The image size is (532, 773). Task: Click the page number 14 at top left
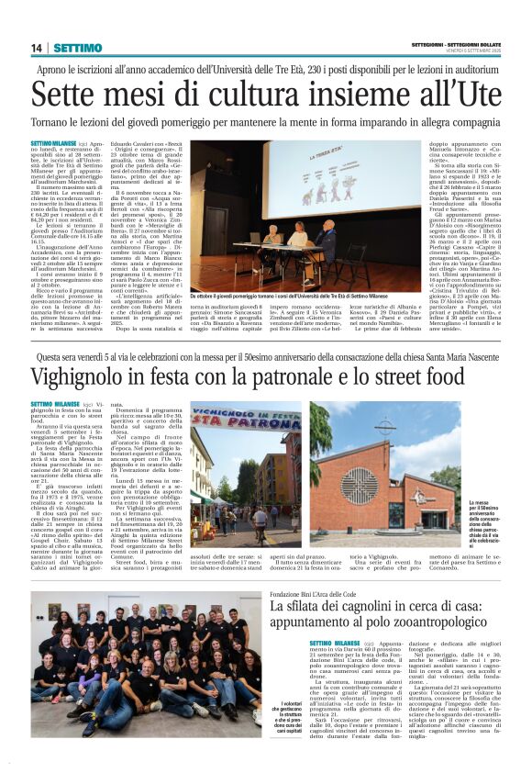click(38, 48)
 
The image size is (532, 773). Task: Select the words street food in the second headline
click(420, 377)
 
